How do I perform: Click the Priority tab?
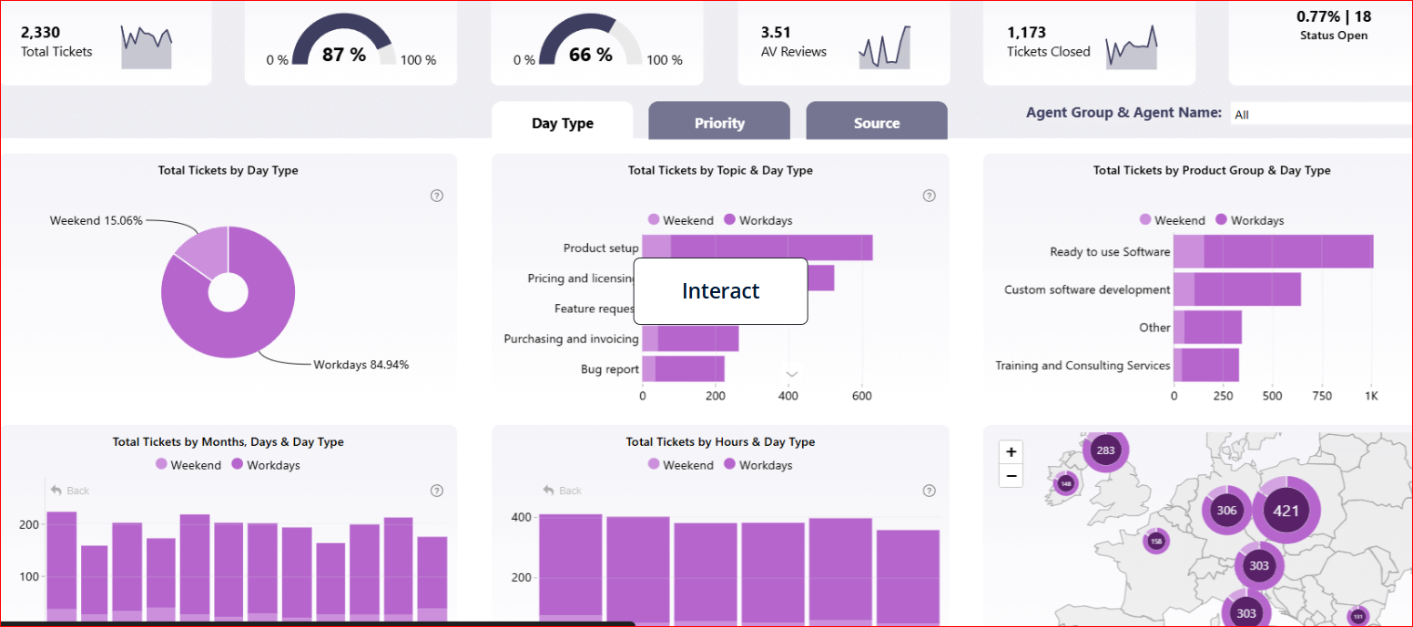(719, 123)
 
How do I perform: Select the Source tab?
(876, 123)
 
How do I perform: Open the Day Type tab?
(562, 123)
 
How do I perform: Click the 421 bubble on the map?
(1286, 511)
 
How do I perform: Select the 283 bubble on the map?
(1105, 450)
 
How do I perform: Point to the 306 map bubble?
(1226, 511)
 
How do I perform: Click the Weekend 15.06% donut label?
(96, 220)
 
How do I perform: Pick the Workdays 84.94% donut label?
(361, 365)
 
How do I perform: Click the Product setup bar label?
(601, 248)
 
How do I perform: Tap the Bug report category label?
(609, 369)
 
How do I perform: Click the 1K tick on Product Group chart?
(1370, 397)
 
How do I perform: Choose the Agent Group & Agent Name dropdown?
(1320, 115)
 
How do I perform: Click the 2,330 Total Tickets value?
(41, 32)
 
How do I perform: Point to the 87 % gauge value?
(344, 55)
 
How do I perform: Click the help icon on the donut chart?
(437, 196)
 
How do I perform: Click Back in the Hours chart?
(563, 490)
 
